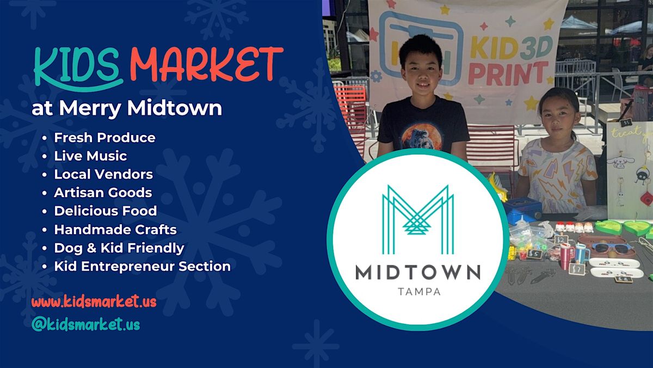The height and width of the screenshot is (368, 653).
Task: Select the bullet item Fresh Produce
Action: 104,138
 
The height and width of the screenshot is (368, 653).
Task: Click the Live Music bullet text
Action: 90,156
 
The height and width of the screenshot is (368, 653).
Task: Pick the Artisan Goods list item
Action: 103,193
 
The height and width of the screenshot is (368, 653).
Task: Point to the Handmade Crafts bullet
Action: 115,230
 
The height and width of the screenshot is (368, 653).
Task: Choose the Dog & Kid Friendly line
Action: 119,248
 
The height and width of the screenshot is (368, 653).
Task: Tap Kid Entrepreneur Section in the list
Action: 142,267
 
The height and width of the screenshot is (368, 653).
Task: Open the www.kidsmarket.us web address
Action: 94,302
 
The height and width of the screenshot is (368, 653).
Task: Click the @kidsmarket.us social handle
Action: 85,324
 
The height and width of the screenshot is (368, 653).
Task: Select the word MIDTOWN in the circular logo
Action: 418,272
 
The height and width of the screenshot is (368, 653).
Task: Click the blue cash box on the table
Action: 522,210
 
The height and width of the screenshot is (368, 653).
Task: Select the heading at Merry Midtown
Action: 127,108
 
